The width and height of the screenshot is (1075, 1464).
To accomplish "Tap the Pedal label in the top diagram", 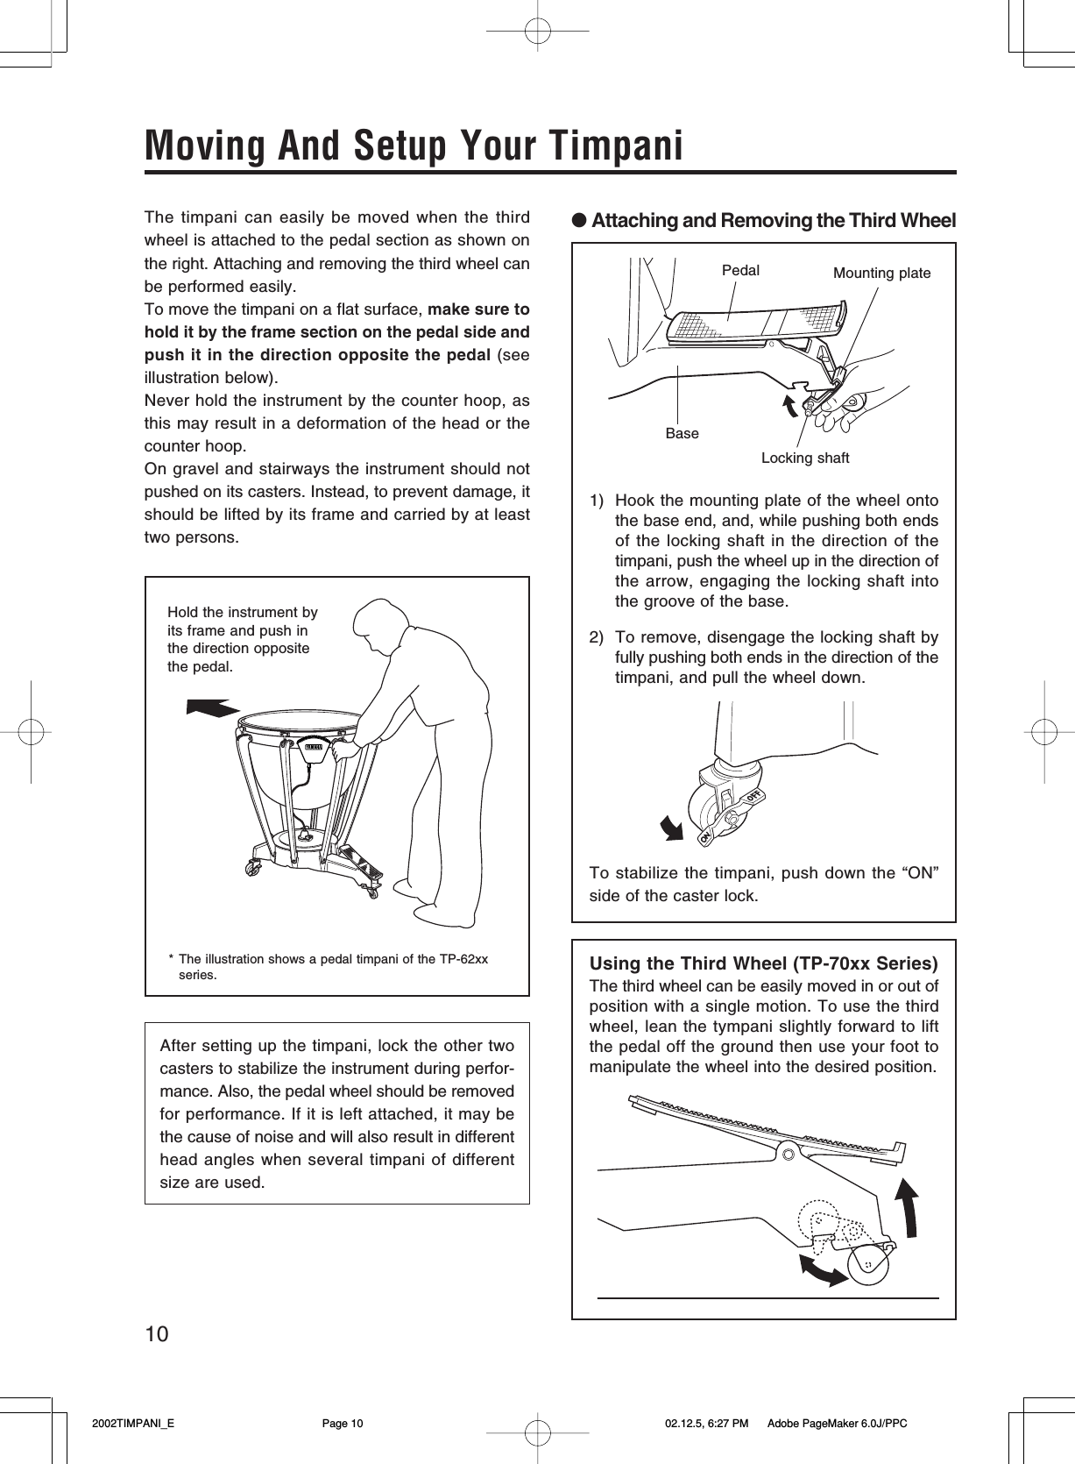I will coord(740,270).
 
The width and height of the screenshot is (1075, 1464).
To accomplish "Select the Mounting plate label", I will coord(881,274).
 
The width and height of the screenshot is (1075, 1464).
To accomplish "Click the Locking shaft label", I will coord(804,458).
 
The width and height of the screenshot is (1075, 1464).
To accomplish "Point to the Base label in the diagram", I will coord(682,433).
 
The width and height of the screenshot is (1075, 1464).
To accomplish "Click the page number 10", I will coord(157,1334).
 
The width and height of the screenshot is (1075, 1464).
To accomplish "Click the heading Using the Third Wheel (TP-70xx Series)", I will coord(763,963).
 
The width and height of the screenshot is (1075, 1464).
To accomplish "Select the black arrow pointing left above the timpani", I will coord(213,707).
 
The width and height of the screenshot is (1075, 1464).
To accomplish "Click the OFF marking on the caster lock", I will coord(755,794).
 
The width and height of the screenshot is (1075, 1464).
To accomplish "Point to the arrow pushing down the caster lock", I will coord(673,826).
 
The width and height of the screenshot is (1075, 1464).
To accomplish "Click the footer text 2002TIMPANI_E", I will coord(133,1424).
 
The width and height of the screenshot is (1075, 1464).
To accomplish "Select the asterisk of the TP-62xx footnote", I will coord(171,960).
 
